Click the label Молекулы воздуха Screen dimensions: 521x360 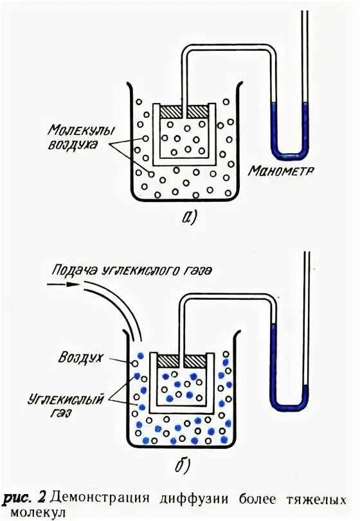[x=71, y=138]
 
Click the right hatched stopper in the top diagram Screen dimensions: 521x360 [x=197, y=111]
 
